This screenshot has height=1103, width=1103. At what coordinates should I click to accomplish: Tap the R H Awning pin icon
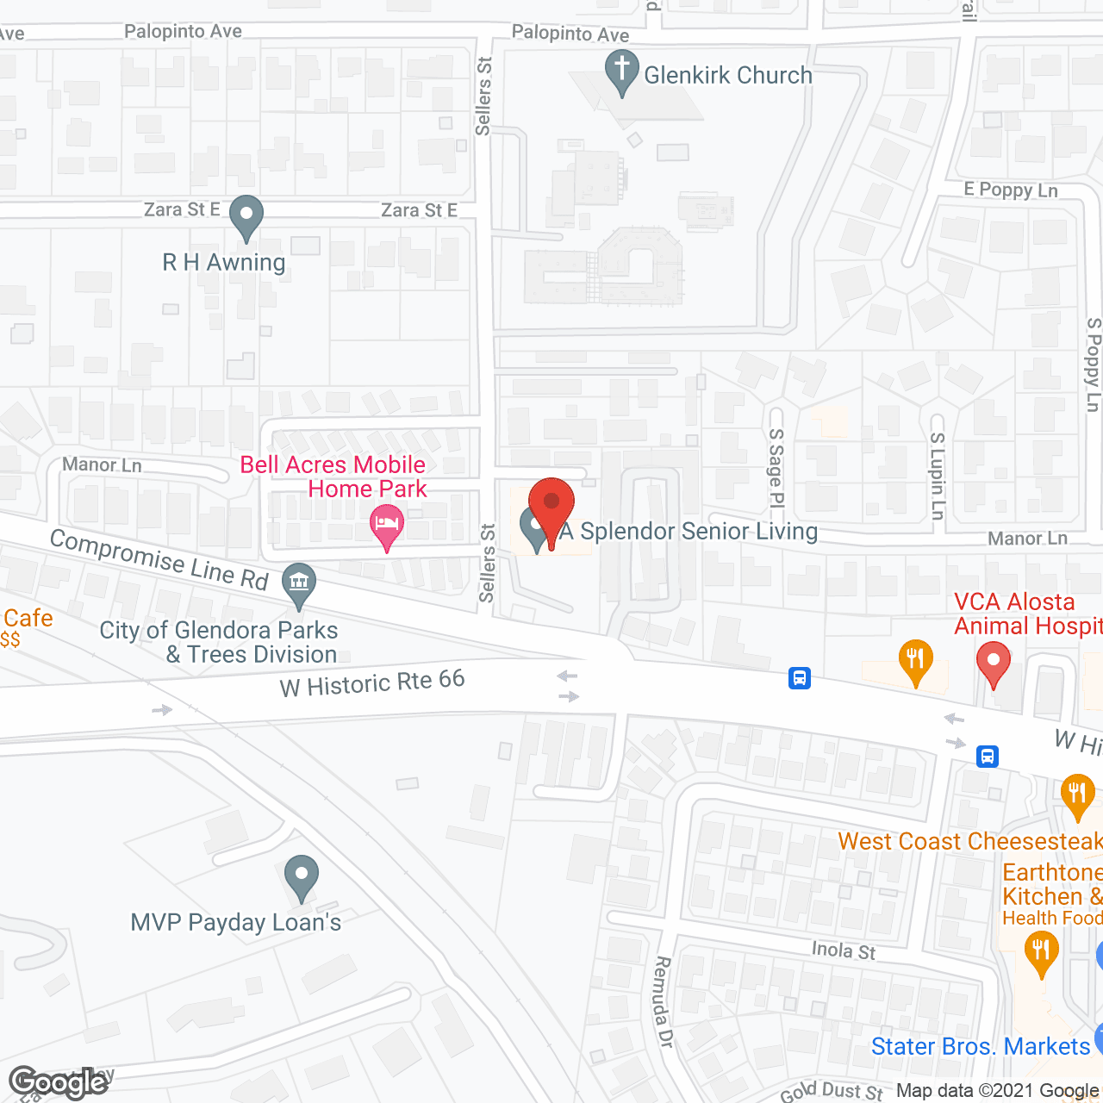246,216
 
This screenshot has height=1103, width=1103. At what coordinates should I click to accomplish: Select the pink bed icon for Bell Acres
387,526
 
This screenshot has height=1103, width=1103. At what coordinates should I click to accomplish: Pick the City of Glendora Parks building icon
299,583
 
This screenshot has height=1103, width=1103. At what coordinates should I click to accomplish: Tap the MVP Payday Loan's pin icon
301,876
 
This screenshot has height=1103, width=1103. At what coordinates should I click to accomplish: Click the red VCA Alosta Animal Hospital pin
993,664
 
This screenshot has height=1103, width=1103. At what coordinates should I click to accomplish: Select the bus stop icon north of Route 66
800,678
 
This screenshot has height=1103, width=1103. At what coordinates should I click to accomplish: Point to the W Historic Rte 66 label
372,683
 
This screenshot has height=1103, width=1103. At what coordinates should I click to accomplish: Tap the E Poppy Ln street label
1011,190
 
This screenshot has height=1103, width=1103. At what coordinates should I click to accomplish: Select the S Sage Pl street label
776,468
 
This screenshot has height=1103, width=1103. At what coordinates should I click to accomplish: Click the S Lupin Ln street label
938,475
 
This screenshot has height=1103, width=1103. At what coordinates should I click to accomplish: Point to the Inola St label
844,950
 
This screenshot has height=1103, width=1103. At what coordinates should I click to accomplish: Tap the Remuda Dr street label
663,1001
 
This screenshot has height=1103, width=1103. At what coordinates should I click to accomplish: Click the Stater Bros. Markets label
981,1046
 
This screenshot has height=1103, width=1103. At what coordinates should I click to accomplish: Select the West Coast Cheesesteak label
969,841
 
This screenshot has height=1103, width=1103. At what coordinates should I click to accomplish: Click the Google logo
59,1082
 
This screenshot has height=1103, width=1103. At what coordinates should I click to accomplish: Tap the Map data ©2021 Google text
999,1091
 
